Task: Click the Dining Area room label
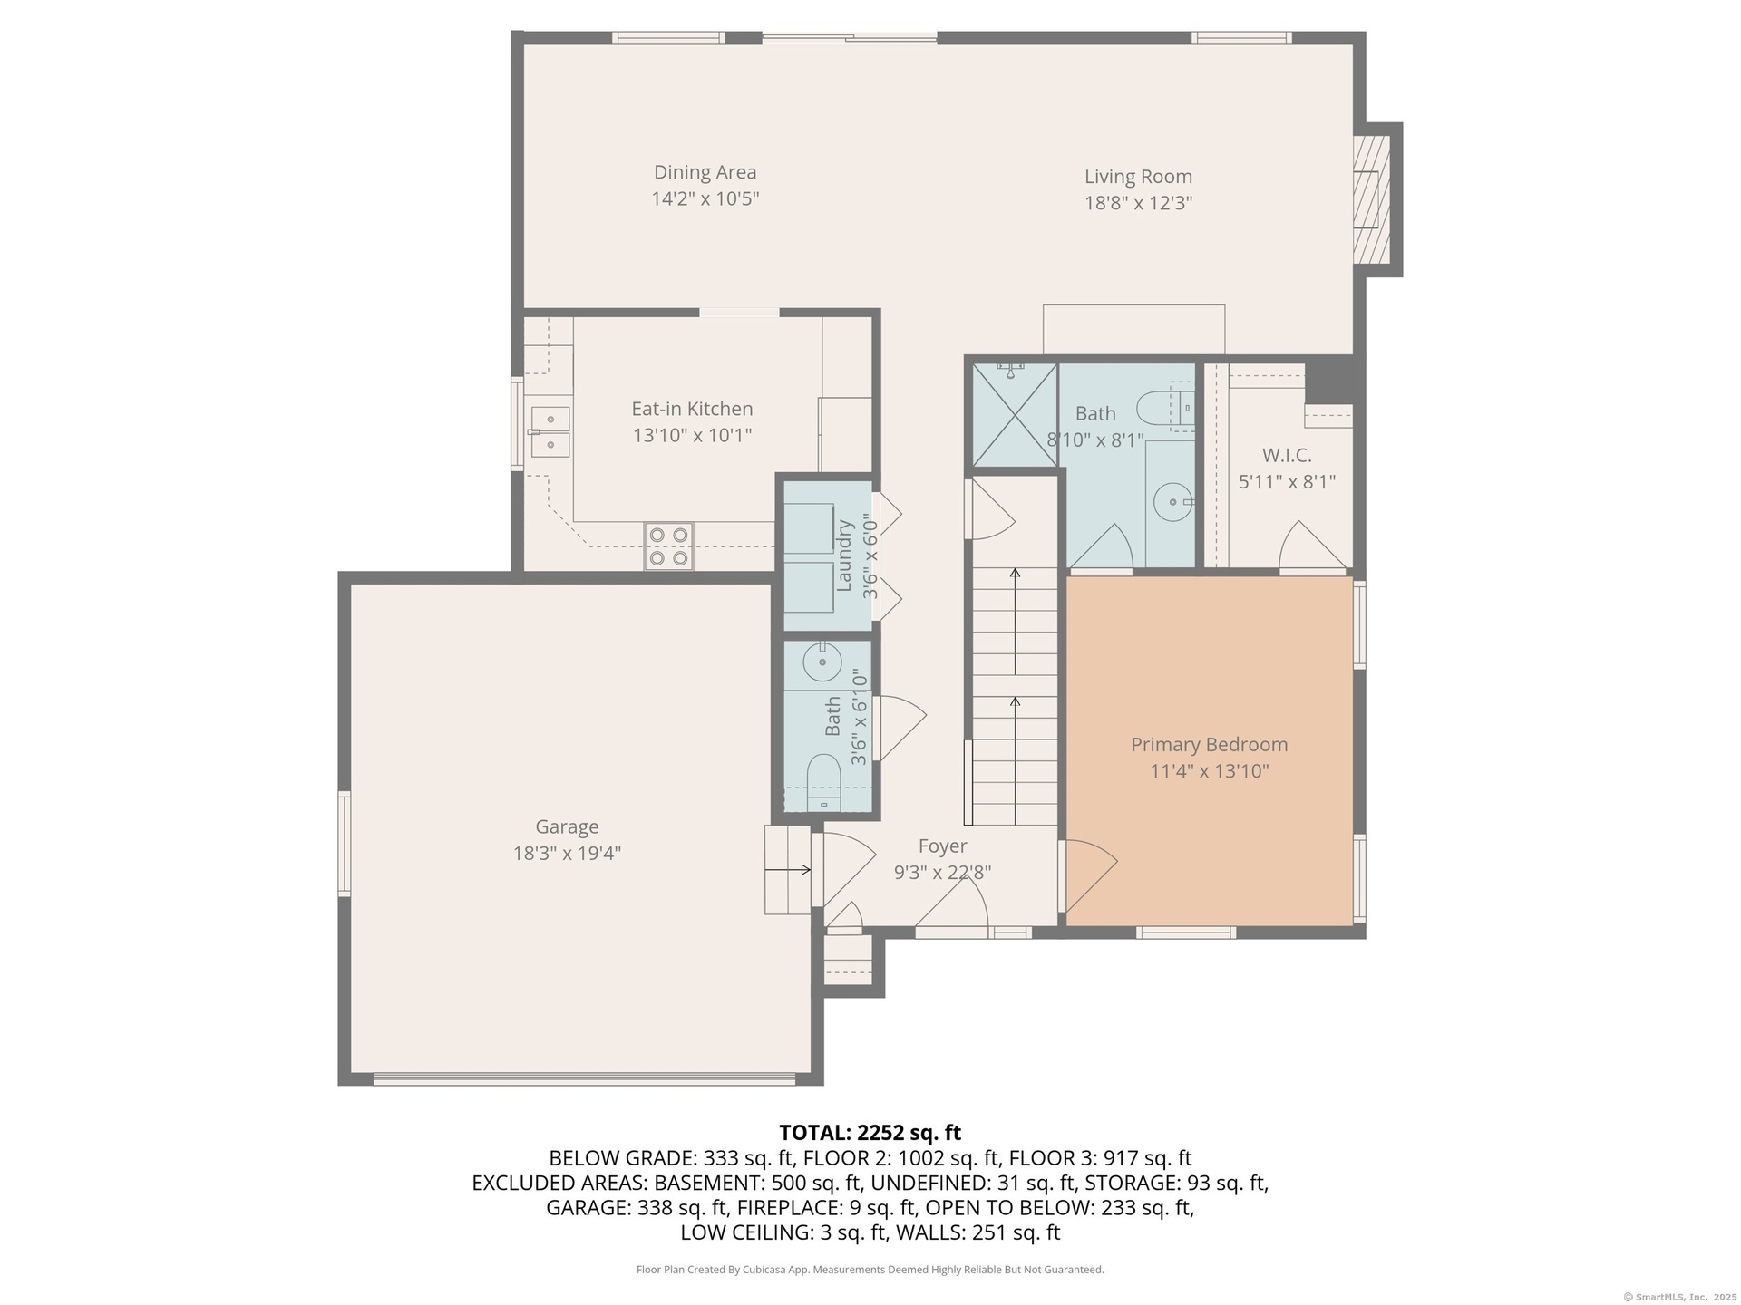(705, 172)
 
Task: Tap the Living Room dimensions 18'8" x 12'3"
(1138, 203)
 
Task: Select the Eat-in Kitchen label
(692, 409)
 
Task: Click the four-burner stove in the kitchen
(668, 546)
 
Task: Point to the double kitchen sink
(550, 431)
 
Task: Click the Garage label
(567, 827)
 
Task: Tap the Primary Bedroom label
(1209, 745)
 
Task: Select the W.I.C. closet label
(1287, 455)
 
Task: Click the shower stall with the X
(1015, 415)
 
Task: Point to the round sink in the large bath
(1174, 501)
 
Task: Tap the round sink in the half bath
(822, 662)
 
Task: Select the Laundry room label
(844, 556)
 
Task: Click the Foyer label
(942, 846)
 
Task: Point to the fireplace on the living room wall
(1372, 198)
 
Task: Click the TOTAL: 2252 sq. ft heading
(870, 1133)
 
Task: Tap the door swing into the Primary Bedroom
(1089, 875)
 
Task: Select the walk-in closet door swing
(1312, 546)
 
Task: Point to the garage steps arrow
(788, 870)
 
